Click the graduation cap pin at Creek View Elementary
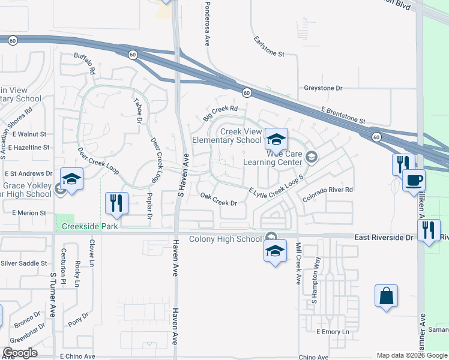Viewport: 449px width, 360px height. point(276,140)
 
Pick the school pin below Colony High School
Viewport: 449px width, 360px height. point(275,251)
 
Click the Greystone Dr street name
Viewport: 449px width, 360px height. point(322,88)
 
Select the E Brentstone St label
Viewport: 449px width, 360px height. point(343,116)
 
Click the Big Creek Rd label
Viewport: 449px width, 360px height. point(220,109)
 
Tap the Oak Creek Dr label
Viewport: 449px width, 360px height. point(218,200)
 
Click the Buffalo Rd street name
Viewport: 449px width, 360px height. point(85,63)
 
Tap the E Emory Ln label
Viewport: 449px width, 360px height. point(332,332)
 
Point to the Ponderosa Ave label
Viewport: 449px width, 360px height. point(206,23)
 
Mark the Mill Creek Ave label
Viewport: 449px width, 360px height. point(298,263)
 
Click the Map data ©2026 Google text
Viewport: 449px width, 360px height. point(411,355)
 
